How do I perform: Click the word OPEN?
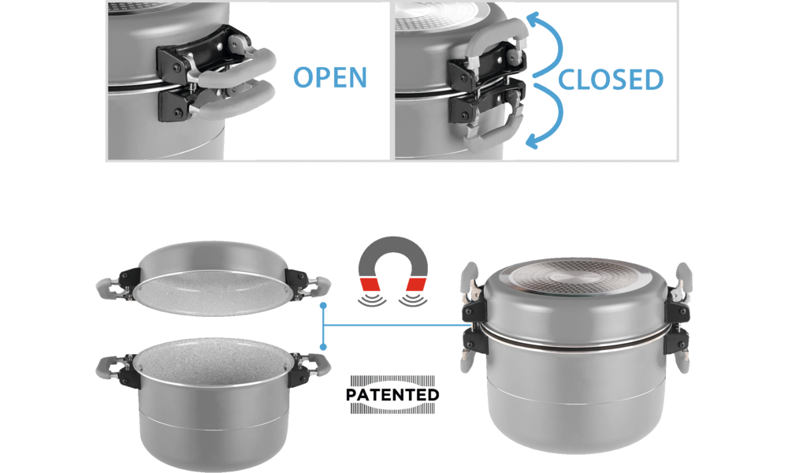(329, 77)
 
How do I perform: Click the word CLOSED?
(611, 80)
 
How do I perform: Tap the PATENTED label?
(392, 395)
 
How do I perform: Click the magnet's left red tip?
(370, 285)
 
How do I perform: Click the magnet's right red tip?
(417, 285)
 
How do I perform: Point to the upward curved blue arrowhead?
(533, 19)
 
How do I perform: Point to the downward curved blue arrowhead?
(533, 142)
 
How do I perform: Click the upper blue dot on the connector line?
(323, 306)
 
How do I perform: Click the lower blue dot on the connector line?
(323, 347)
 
